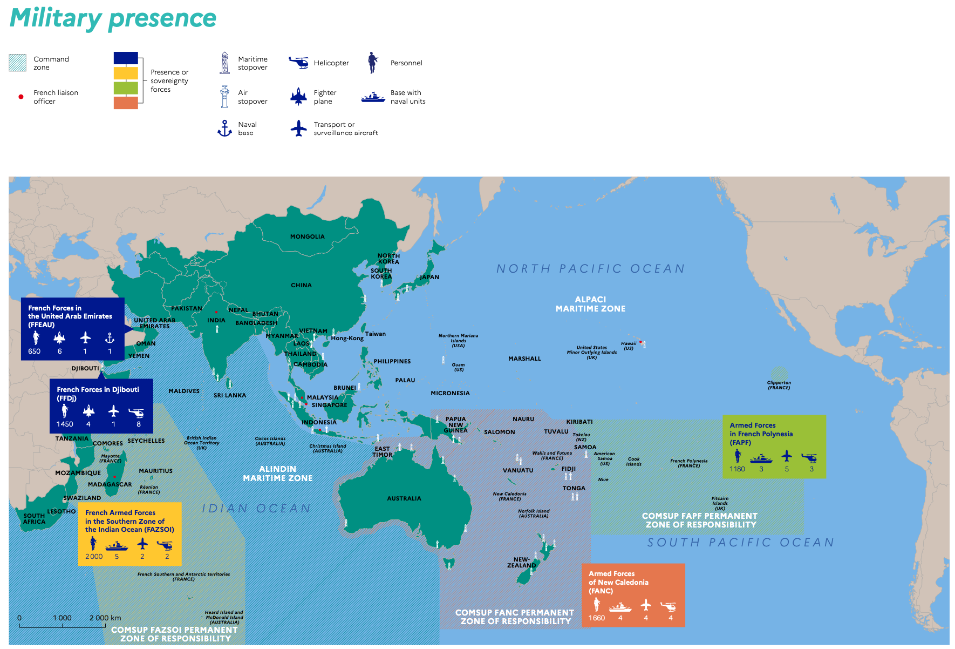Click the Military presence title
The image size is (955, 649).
[x=113, y=18]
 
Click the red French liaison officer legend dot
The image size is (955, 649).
[x=21, y=97]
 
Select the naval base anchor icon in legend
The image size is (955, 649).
[x=224, y=129]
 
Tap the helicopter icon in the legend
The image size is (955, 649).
[x=298, y=63]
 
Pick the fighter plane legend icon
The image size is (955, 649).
[x=298, y=97]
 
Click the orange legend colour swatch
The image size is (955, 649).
[x=126, y=103]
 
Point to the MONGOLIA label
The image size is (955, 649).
[x=307, y=236]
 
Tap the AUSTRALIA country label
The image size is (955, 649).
[x=404, y=498]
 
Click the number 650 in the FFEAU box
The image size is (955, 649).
[x=34, y=351]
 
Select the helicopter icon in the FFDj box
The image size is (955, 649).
[x=137, y=413]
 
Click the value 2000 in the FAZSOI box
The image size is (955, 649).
[x=94, y=557]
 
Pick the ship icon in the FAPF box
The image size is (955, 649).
[x=761, y=458]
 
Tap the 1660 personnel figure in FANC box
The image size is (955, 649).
[x=596, y=618]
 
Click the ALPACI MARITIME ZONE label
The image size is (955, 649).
[x=590, y=304]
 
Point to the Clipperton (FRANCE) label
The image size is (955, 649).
[x=779, y=385]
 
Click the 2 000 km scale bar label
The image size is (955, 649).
[x=105, y=618]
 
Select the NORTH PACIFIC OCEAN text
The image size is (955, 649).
[x=590, y=269]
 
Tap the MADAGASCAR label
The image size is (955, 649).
[x=110, y=484]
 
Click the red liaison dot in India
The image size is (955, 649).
[x=216, y=312]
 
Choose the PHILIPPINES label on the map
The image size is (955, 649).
[x=392, y=361]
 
